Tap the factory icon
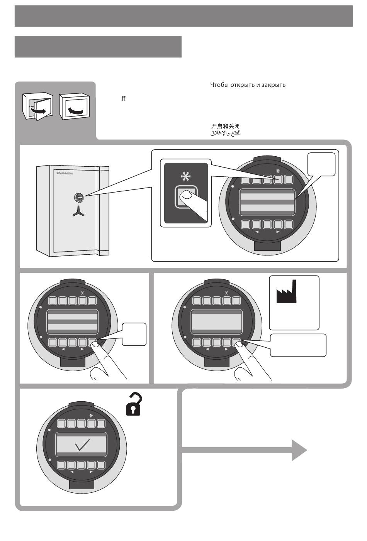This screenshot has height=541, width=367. point(287,292)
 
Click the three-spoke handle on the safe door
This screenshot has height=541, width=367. point(79,210)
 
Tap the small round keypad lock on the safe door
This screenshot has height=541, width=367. point(78,198)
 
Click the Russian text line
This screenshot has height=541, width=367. point(248,85)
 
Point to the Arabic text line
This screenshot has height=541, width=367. point(225,133)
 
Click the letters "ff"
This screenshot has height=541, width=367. point(123,99)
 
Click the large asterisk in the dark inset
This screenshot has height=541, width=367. point(186,177)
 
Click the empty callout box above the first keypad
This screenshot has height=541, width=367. point(321,164)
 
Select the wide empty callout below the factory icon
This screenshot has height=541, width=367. point(298,345)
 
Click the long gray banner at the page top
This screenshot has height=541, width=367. point(183,16)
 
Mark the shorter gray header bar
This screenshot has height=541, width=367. point(98,47)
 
